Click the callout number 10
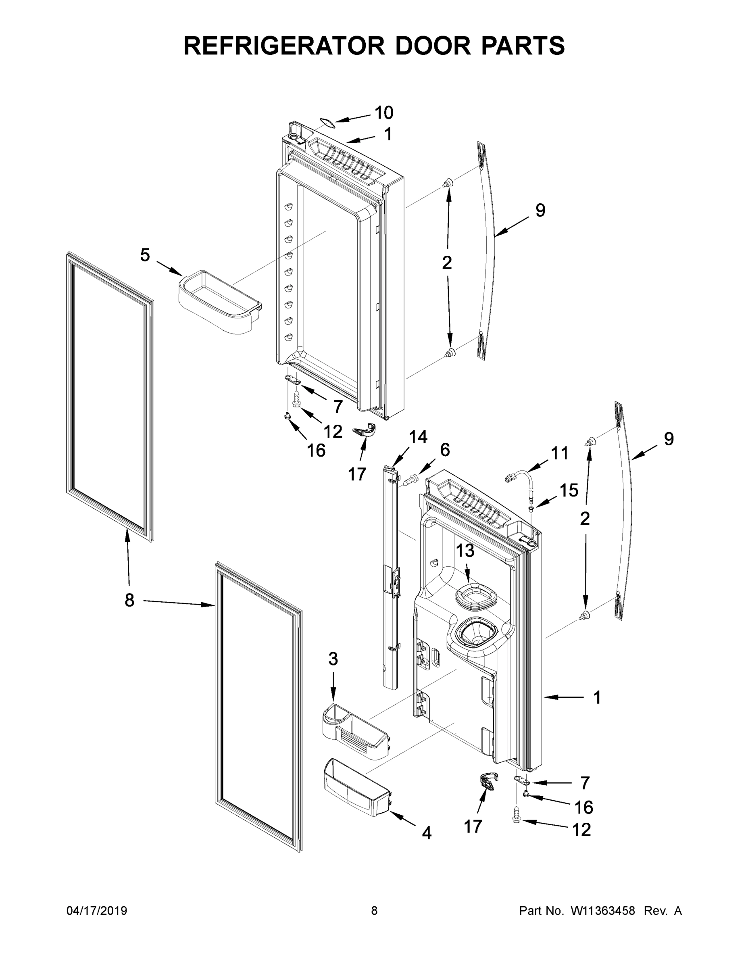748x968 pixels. (x=384, y=113)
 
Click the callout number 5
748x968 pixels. (x=145, y=255)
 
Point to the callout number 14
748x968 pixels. (x=417, y=437)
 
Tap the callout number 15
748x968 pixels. (x=569, y=490)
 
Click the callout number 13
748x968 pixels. (x=465, y=551)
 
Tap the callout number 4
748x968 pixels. (x=426, y=833)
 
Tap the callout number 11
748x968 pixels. (x=559, y=453)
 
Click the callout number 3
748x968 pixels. (x=333, y=671)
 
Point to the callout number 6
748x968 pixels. (x=444, y=450)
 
